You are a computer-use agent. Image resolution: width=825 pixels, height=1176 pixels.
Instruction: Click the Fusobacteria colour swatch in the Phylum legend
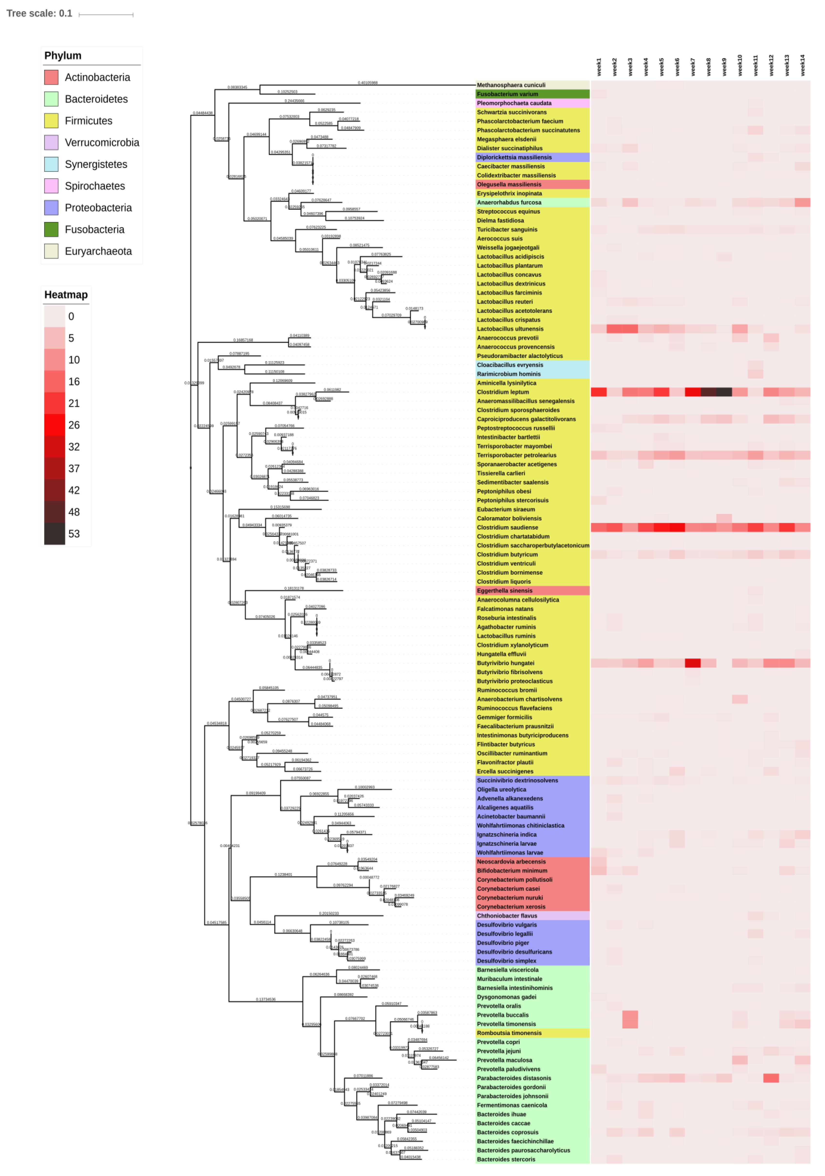[51, 230]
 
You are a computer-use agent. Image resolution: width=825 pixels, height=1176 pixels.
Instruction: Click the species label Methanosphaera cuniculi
[511, 85]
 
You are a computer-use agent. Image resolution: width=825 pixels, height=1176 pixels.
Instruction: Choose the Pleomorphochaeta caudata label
[514, 103]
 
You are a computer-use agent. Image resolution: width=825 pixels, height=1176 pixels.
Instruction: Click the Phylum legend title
[62, 55]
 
